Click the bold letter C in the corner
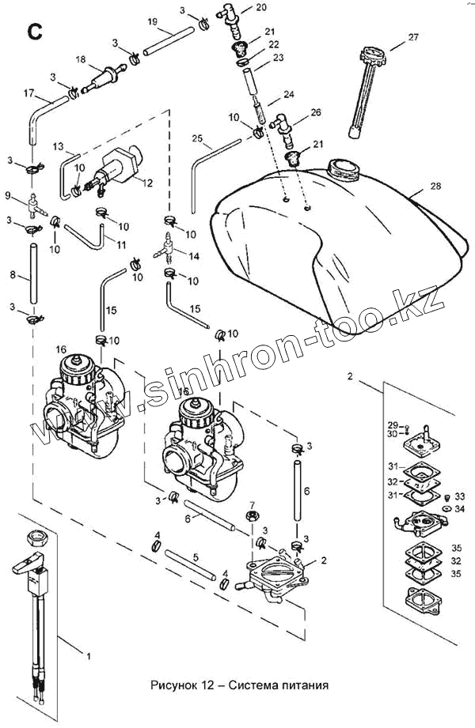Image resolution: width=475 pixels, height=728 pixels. [34, 31]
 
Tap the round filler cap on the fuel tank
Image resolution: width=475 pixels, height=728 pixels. [343, 168]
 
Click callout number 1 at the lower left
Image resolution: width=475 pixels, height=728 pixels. [88, 655]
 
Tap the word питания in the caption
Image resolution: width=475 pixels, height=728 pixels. [304, 685]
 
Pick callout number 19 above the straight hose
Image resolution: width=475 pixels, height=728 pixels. [153, 21]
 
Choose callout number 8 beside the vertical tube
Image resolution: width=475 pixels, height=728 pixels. [13, 275]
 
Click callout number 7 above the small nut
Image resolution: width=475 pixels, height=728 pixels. [252, 504]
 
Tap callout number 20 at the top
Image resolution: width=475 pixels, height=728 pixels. [262, 7]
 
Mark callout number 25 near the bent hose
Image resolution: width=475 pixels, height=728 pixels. [199, 139]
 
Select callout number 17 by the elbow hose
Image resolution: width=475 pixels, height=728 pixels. [29, 94]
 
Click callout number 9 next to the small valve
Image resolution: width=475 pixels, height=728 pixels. [8, 195]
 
